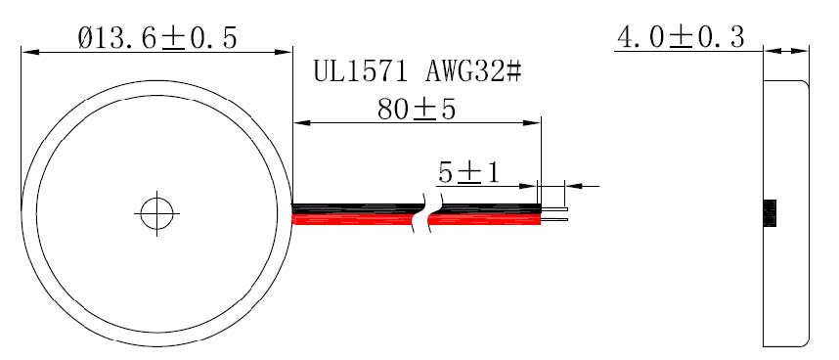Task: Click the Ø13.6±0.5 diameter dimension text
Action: (157, 38)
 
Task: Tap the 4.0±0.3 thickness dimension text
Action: (681, 37)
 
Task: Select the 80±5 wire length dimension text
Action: (417, 110)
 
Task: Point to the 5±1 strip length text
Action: (468, 173)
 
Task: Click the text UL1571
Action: (360, 71)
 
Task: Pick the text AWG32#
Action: (473, 71)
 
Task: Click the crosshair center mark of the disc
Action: (156, 213)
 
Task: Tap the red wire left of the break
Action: (353, 219)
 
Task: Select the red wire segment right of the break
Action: (485, 219)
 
